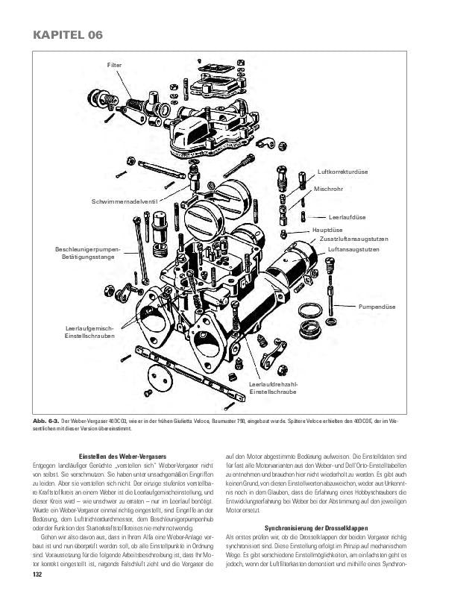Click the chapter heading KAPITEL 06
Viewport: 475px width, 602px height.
(63, 35)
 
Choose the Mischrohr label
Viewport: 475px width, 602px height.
(328, 189)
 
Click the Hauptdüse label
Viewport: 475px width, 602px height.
(327, 231)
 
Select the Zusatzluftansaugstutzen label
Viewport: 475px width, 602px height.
(354, 239)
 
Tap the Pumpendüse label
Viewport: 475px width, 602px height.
(377, 307)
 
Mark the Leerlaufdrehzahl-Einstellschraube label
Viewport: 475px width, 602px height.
(273, 387)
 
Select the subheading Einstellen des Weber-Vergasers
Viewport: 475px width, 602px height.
(122, 457)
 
